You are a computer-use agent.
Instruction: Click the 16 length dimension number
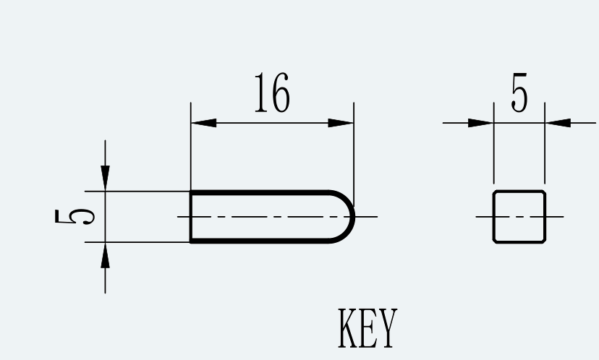tap(273, 93)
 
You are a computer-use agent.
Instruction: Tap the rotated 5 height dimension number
tap(75, 216)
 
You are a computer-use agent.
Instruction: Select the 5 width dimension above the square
tap(519, 93)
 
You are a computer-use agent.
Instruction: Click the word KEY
tap(368, 328)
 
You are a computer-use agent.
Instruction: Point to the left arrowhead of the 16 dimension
tap(203, 123)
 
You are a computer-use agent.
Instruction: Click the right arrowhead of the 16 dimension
tap(341, 123)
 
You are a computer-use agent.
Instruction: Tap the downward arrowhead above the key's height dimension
tap(105, 179)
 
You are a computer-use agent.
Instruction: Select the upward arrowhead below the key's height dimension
tap(105, 254)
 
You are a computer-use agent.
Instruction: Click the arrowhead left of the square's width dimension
tap(481, 123)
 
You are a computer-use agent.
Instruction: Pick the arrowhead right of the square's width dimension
tap(558, 123)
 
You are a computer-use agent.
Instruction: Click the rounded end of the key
tap(354, 216)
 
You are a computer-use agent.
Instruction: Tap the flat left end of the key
tap(191, 216)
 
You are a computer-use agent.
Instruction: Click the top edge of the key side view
tap(260, 192)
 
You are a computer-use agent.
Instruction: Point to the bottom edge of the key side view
tap(260, 241)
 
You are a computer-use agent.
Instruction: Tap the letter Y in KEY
tap(388, 328)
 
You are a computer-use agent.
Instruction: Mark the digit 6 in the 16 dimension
tap(281, 93)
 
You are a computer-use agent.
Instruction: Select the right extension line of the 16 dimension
tap(354, 154)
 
